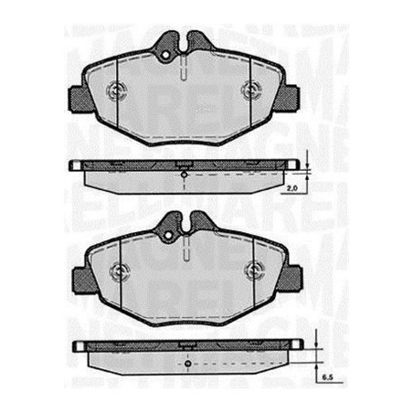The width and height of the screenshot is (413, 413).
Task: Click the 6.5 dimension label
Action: coord(326,376)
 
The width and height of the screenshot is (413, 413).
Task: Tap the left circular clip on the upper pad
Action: coord(116,90)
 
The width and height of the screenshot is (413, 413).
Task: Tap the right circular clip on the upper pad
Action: coord(253,90)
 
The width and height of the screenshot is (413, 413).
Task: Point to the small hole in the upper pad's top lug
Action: coord(166,57)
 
